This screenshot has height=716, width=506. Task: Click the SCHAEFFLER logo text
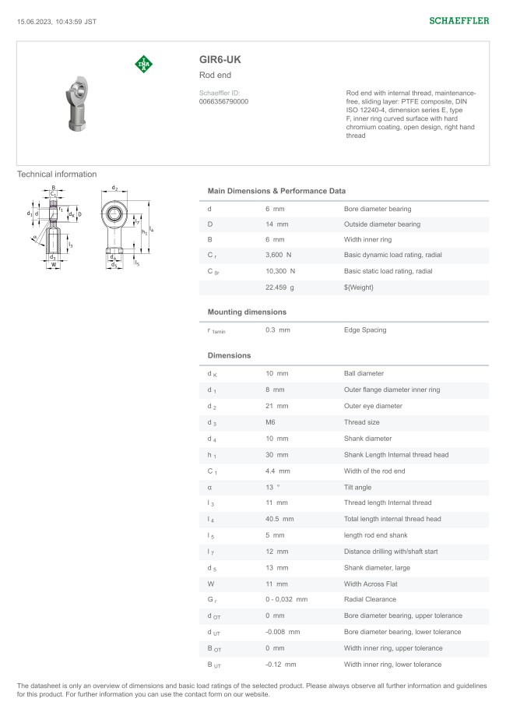459,21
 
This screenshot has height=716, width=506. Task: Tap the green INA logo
144,64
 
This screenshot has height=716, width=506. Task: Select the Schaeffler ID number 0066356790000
224,101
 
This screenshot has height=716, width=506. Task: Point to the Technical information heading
57,175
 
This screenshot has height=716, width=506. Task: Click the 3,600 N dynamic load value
278,256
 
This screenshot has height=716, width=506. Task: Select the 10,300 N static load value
280,271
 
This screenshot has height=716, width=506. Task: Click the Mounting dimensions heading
247,312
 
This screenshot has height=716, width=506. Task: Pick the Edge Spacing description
365,330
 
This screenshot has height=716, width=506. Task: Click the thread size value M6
271,422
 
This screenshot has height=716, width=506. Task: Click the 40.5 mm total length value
279,519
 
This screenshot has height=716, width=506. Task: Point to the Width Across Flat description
372,584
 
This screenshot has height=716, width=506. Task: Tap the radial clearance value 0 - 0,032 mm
286,600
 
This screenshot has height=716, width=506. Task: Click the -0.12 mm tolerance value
280,665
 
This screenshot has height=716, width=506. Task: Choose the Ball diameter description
364,374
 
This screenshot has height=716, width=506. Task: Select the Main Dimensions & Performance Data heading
276,191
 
